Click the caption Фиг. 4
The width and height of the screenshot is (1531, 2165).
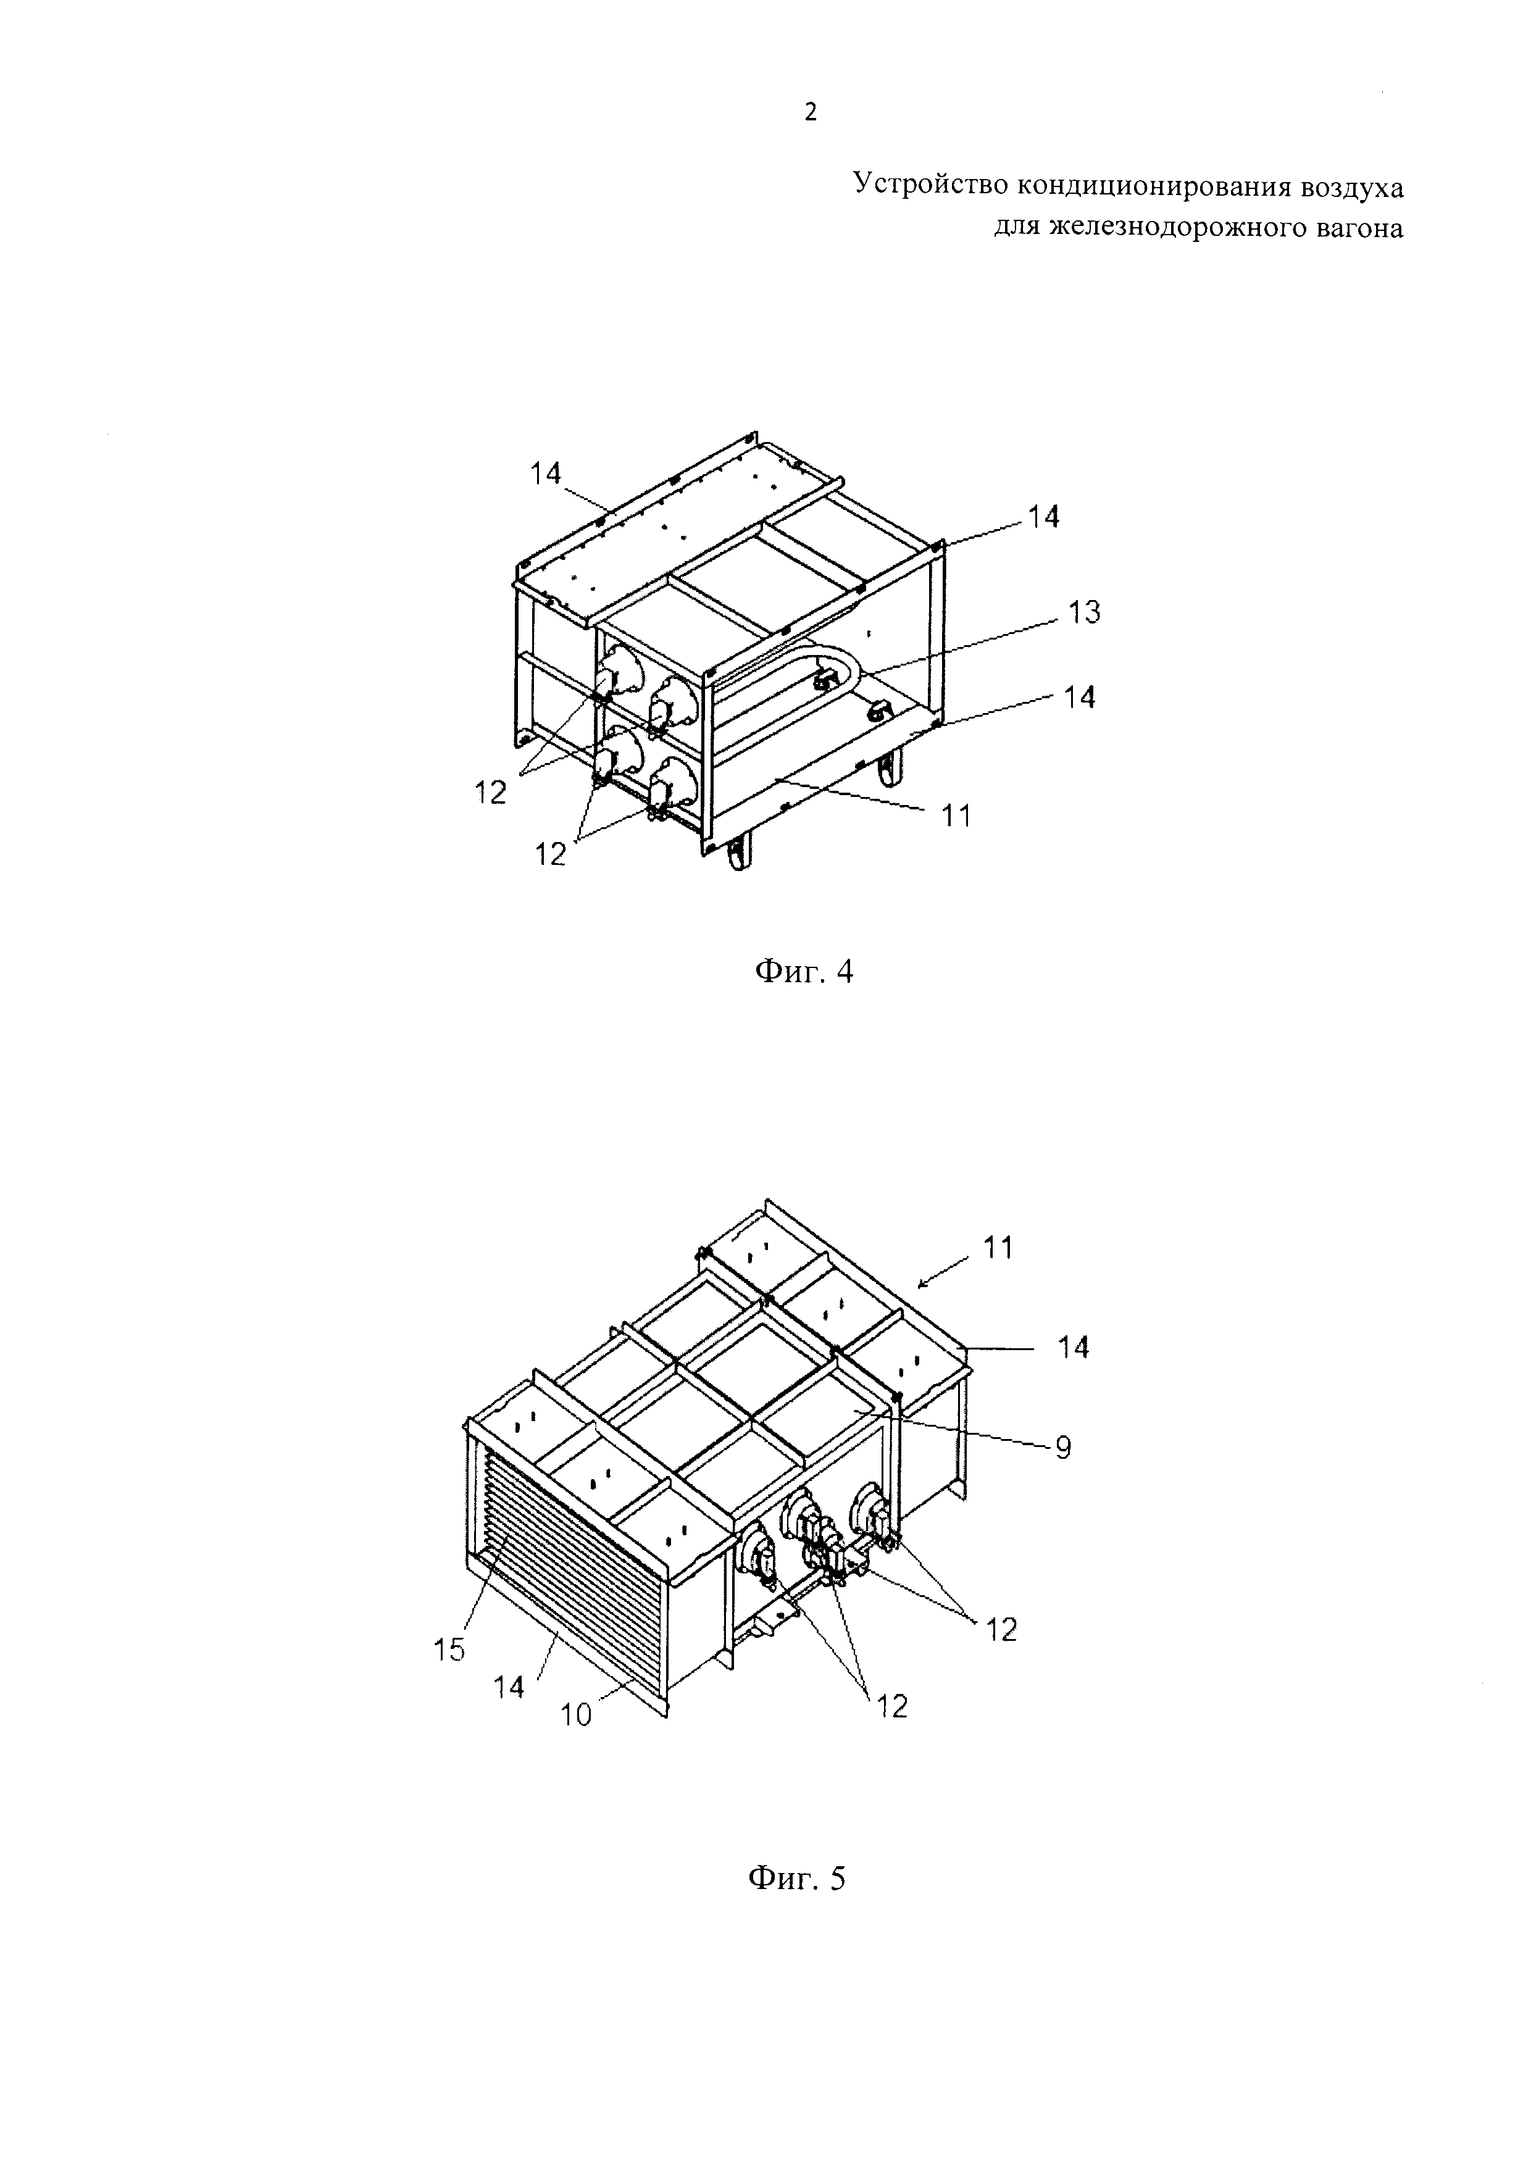805,971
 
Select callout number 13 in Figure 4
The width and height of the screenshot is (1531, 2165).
1083,613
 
